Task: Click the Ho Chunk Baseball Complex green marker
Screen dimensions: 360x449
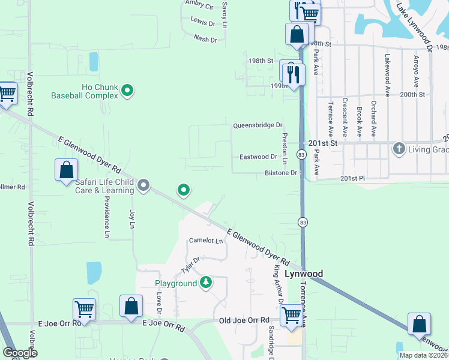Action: click(127, 91)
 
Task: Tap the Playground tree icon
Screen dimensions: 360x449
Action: click(206, 282)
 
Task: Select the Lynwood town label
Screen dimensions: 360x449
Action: click(304, 274)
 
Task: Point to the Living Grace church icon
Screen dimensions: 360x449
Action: click(399, 148)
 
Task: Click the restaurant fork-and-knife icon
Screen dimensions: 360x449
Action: click(293, 74)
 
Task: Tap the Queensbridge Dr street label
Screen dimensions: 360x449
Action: click(258, 125)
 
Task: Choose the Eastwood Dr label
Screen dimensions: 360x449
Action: click(258, 157)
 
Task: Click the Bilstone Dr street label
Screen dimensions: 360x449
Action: click(281, 173)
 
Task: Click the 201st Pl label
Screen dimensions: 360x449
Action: click(352, 178)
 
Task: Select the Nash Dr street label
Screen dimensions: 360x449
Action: click(205, 38)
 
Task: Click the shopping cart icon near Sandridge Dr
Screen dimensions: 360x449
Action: click(292, 314)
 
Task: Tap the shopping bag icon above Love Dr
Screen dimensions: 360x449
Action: click(131, 307)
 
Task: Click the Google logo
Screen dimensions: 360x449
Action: click(20, 353)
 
